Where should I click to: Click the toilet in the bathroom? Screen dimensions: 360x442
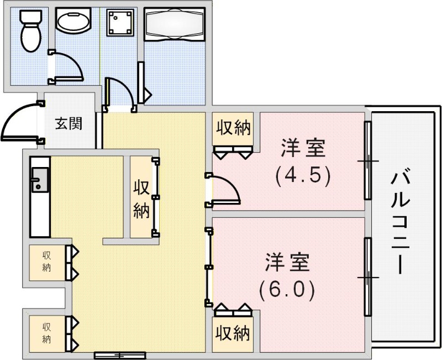[28, 31]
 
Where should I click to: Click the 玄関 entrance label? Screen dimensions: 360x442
[69, 123]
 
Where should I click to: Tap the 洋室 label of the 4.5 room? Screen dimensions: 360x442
[302, 149]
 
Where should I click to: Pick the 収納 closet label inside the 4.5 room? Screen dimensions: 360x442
[233, 128]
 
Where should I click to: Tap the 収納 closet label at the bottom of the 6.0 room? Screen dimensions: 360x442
[233, 333]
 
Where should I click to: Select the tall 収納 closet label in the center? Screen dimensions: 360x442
[141, 198]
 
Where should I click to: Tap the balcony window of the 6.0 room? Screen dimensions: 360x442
[367, 276]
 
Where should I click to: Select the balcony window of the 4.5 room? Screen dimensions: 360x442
[367, 160]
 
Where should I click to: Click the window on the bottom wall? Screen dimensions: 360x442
[119, 355]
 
